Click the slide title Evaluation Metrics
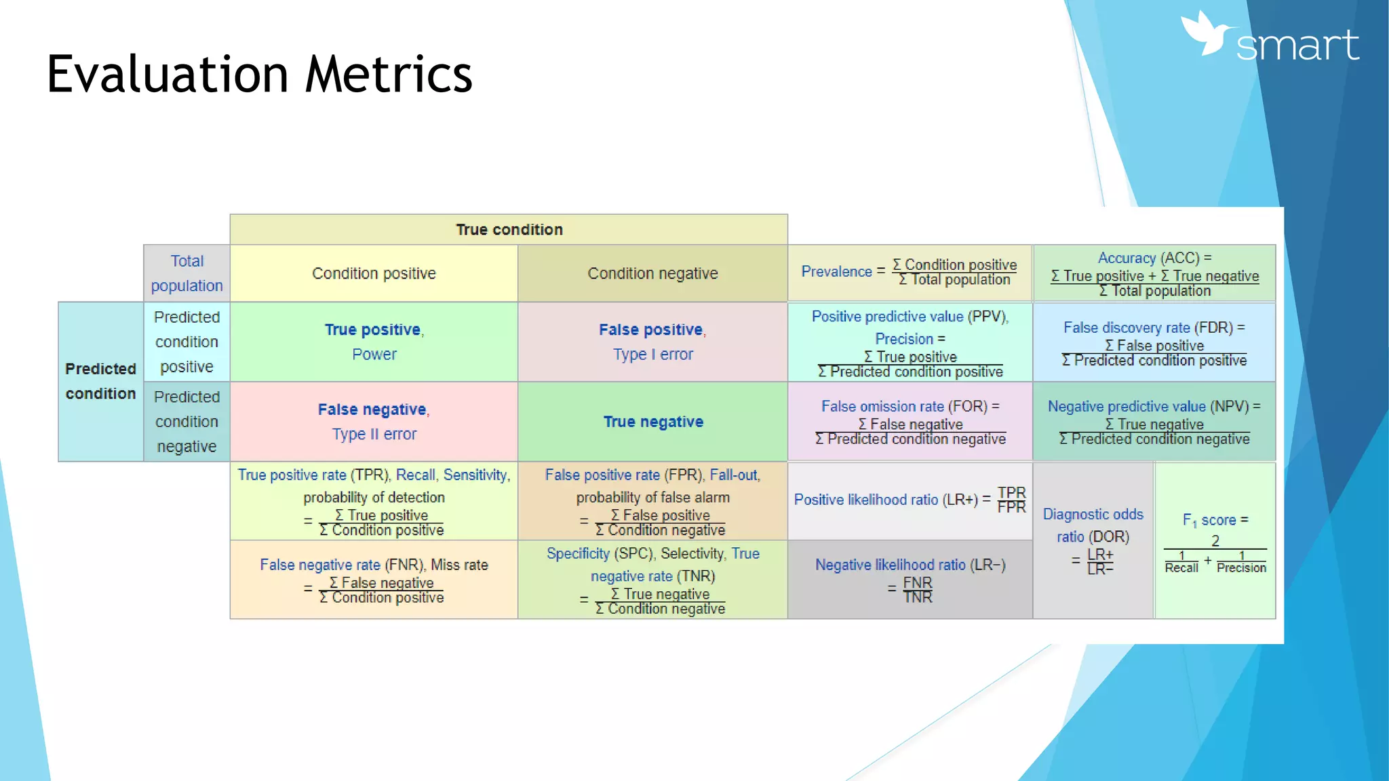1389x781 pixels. [x=259, y=74]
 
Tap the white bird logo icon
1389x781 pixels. [x=1209, y=34]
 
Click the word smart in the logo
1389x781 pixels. [x=1297, y=46]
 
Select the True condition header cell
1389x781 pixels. [x=509, y=230]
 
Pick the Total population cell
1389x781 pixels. [x=187, y=273]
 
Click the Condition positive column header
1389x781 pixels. [x=374, y=273]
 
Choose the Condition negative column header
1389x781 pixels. [x=652, y=273]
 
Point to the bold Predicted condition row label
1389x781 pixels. [x=100, y=381]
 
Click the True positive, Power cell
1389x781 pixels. [x=374, y=342]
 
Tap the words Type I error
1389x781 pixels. [x=652, y=355]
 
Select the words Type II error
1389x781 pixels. [x=374, y=434]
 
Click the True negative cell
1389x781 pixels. [x=652, y=422]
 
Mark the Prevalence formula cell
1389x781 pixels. [x=909, y=273]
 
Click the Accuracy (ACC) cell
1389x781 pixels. [x=1154, y=274]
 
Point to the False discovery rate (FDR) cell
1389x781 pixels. [x=1154, y=343]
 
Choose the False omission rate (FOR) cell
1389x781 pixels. [x=909, y=422]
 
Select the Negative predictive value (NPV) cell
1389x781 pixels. [x=1154, y=422]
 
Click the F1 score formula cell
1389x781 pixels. [x=1215, y=541]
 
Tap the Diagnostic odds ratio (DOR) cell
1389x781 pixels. [x=1093, y=541]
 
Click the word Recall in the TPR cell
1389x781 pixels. [x=415, y=475]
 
